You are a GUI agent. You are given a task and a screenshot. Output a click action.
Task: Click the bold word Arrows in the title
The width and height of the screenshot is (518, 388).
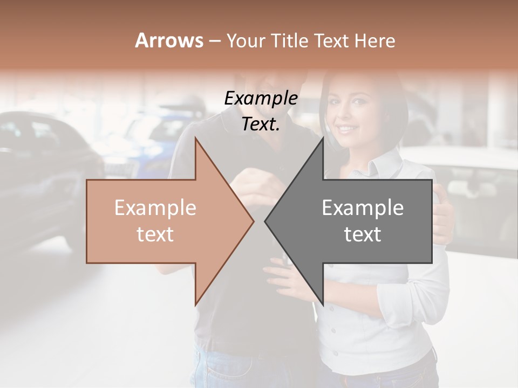pos(169,40)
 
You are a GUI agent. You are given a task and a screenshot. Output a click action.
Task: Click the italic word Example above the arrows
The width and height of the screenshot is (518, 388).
pos(261,99)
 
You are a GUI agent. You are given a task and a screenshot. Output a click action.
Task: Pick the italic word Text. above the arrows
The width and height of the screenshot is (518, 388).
pos(261,124)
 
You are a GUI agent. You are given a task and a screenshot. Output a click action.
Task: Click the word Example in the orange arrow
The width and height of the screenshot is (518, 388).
pos(155,208)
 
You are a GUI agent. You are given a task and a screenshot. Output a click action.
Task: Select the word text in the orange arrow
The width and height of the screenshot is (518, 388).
pos(155,234)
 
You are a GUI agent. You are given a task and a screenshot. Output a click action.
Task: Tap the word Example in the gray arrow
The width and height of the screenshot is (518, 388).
pos(363,208)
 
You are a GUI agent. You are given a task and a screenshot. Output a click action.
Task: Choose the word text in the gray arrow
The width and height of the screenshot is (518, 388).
pos(363,234)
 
